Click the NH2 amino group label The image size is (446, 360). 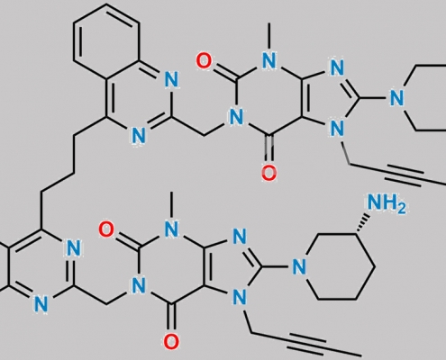click(x=387, y=203)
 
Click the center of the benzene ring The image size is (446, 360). click(x=106, y=41)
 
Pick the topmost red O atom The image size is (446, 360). click(x=204, y=60)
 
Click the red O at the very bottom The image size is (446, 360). click(x=171, y=342)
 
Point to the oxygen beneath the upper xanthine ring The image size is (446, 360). click(x=269, y=173)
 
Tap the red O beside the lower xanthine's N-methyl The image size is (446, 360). click(x=106, y=229)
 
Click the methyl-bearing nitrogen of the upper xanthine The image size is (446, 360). click(x=269, y=61)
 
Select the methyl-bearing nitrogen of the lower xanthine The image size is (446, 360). click(x=171, y=230)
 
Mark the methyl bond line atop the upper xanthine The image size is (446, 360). click(x=269, y=35)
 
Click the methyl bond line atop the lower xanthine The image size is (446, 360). click(x=171, y=204)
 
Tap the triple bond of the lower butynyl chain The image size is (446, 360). click(x=307, y=344)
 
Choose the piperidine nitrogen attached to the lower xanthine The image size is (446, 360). click(x=299, y=266)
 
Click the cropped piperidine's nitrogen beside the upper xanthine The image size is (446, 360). click(x=396, y=98)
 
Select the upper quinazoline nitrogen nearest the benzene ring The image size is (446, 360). click(x=171, y=79)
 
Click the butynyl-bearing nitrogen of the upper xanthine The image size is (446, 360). click(x=337, y=129)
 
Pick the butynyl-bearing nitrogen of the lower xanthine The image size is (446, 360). click(x=240, y=298)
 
